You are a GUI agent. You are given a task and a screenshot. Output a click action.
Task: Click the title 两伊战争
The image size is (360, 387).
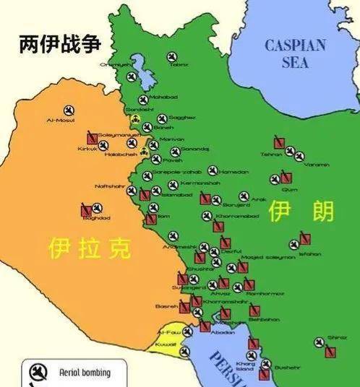coord(60,44)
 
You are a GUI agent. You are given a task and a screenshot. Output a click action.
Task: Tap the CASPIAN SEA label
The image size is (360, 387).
coord(296,54)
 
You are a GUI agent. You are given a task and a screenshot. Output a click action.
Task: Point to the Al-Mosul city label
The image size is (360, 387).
coord(60,120)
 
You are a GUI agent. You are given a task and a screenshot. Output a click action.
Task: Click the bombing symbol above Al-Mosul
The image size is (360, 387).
coord(69,110)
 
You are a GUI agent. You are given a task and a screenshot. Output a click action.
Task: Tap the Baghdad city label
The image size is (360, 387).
coord(95,217)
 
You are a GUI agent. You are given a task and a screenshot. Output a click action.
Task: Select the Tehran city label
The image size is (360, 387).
coord(271,154)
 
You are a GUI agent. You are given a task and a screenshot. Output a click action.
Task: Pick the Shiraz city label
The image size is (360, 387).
coord(336,337)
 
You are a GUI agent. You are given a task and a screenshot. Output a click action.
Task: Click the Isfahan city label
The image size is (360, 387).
coord(309,253)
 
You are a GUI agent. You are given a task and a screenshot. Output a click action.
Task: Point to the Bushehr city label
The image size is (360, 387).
coord(287,367)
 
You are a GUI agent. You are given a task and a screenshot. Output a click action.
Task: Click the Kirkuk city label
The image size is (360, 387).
coord(86,149)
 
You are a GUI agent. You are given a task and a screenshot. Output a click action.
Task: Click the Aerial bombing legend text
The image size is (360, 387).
coord(85,373)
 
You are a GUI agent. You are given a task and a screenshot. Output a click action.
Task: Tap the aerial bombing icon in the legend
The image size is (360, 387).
coord(35,373)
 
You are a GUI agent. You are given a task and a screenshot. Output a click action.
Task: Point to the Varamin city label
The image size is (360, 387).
coord(317,165)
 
